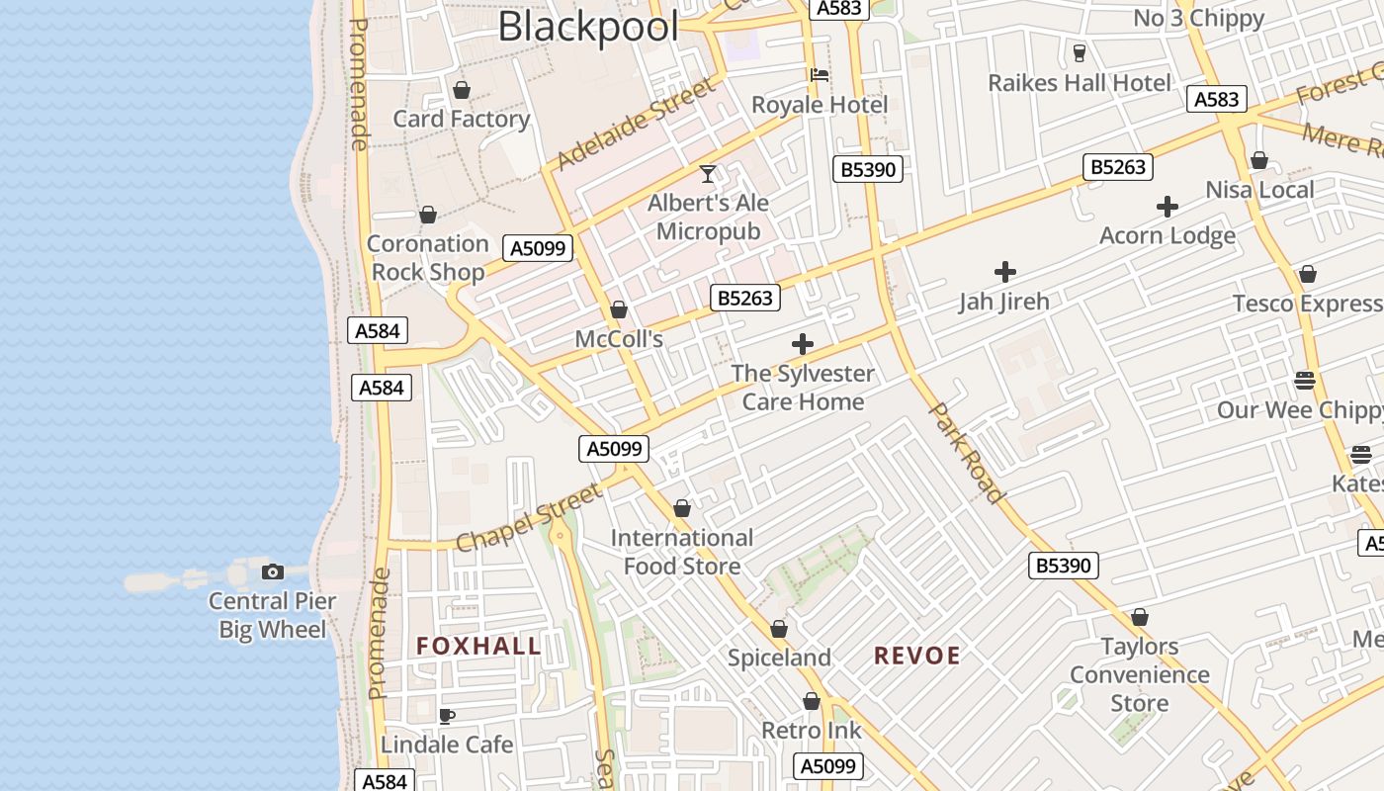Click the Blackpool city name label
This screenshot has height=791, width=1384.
[588, 26]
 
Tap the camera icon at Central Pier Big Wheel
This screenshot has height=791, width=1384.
[273, 571]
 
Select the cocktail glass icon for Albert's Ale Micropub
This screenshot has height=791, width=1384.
[708, 174]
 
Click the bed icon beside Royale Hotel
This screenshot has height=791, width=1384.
[819, 75]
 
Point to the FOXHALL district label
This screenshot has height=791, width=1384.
[478, 647]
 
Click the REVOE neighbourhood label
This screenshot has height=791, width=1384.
[917, 656]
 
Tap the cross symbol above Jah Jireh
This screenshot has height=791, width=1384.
[1005, 271]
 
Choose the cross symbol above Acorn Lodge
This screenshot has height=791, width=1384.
[1168, 207]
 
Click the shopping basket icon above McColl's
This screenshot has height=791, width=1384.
[619, 309]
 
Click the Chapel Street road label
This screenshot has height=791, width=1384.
[528, 517]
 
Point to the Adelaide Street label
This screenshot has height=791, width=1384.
[635, 126]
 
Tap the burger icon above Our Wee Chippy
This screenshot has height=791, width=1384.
[1305, 380]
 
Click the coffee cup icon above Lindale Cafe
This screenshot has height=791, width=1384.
[447, 715]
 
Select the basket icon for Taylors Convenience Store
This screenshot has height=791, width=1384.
[1140, 617]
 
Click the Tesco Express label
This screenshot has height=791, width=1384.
[1307, 304]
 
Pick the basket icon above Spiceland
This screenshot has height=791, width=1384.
[779, 629]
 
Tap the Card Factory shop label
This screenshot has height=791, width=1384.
[462, 119]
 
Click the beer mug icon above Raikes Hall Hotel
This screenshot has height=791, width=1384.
[1079, 53]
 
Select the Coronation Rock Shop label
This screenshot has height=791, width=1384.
[428, 257]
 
